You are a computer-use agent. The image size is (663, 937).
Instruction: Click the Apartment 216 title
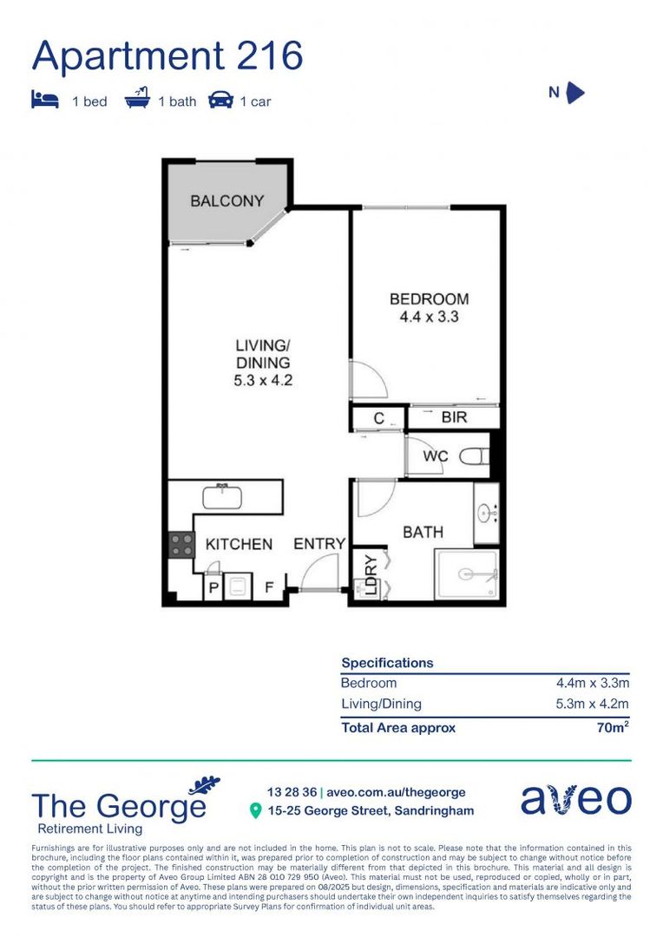click(167, 56)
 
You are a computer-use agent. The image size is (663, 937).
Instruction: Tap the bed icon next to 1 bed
click(43, 101)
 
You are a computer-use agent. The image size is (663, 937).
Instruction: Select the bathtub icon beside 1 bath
click(137, 101)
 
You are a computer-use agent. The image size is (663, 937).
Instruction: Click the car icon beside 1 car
click(220, 101)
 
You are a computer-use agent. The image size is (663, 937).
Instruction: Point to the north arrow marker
click(574, 93)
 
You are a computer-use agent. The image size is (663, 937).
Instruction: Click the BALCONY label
click(226, 201)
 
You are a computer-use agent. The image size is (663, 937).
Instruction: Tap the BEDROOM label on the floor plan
click(429, 299)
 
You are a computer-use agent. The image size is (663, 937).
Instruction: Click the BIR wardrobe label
click(454, 417)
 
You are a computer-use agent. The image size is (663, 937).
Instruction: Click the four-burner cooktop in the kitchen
click(182, 544)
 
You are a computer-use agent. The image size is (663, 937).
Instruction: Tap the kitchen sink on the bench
click(226, 496)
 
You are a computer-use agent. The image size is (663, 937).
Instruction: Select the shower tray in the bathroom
click(468, 573)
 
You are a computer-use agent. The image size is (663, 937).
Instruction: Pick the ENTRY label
click(319, 544)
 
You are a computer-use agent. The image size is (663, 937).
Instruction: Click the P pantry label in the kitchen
click(213, 588)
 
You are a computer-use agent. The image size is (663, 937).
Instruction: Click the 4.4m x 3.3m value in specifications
click(593, 683)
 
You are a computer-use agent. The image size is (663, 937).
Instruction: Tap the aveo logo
click(575, 800)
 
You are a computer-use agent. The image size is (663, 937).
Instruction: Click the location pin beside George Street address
click(255, 811)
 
